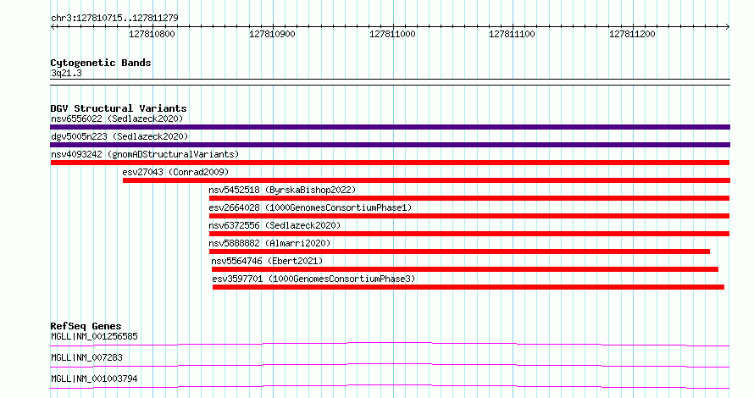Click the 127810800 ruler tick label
(152, 34)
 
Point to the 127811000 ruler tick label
(392, 34)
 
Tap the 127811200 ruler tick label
(632, 34)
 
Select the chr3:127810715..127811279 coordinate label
(114, 19)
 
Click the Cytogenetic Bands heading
(101, 63)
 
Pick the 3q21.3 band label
(66, 74)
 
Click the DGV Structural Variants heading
(119, 108)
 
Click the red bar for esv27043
(426, 180)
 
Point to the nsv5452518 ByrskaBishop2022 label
(282, 190)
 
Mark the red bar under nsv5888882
(459, 252)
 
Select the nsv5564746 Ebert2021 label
(267, 261)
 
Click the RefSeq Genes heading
(86, 326)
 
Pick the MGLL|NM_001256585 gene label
(94, 336)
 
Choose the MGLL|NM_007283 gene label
(86, 357)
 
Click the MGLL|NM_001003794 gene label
(94, 379)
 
